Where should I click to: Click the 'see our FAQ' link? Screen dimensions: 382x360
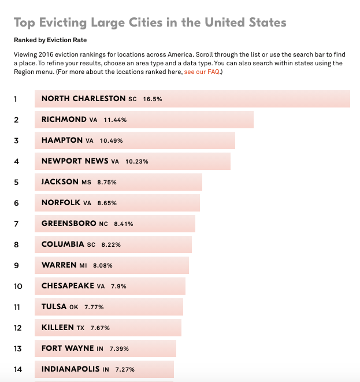(x=202, y=72)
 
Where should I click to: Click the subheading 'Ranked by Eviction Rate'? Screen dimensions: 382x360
(x=50, y=40)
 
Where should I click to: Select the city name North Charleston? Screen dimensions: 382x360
(x=83, y=99)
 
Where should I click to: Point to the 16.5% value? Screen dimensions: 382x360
(x=153, y=99)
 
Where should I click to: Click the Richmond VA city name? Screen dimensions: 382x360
(x=64, y=120)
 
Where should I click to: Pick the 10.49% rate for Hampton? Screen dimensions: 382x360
(x=111, y=140)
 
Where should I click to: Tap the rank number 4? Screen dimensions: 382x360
(x=16, y=161)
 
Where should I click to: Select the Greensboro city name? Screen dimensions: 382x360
(x=69, y=224)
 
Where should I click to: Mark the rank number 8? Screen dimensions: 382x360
(x=16, y=244)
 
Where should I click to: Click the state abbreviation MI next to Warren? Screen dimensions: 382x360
(x=83, y=265)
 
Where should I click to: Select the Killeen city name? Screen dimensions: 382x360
(x=58, y=328)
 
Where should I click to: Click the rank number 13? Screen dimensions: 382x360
(x=18, y=348)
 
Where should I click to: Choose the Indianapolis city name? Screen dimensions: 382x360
(x=70, y=369)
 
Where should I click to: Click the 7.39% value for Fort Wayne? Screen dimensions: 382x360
(x=117, y=348)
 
